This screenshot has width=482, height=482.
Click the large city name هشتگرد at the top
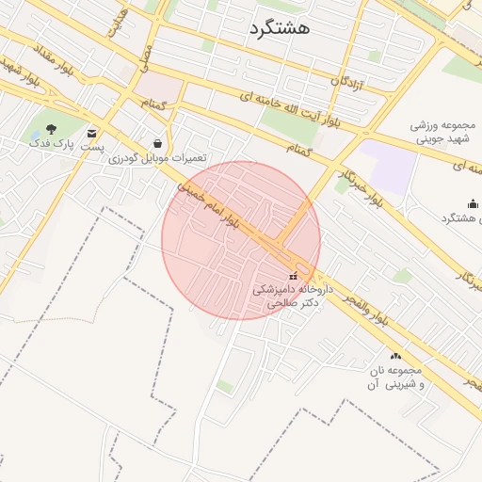click(281, 28)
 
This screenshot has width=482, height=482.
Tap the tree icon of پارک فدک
click(51, 129)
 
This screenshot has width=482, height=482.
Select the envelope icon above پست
click(91, 134)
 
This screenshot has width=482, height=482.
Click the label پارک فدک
click(51, 143)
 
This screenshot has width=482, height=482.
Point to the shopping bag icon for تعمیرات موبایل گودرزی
click(156, 142)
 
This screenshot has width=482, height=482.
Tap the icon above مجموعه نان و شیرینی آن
click(395, 356)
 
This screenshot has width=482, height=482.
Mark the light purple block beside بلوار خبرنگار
click(387, 164)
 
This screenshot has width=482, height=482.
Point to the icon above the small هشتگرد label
click(472, 204)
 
